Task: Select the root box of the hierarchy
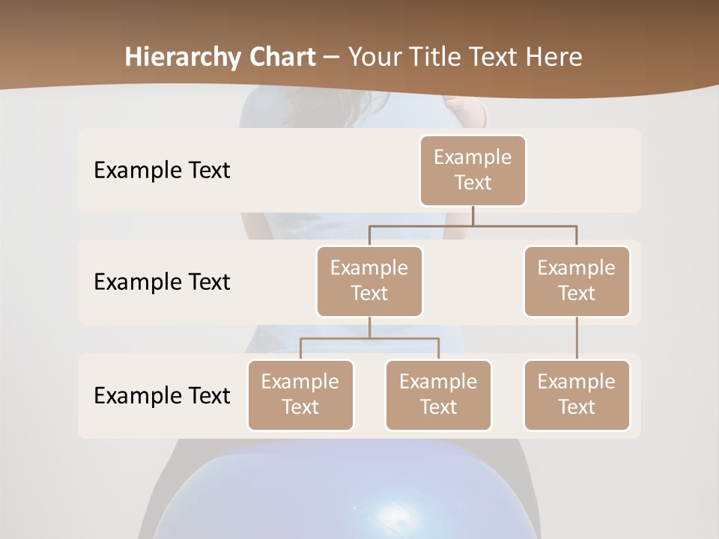pos(473,170)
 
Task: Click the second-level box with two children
pos(369,281)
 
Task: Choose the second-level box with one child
pos(577,281)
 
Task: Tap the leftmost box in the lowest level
pos(300,395)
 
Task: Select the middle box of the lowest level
pos(438,395)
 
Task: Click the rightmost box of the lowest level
pos(577,395)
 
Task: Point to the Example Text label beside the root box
pos(162,171)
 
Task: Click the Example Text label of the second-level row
pos(162,282)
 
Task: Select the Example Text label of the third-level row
pos(162,395)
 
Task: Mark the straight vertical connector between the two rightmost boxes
pos(577,338)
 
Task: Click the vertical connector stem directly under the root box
pos(473,216)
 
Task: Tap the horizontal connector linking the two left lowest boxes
pos(369,338)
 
